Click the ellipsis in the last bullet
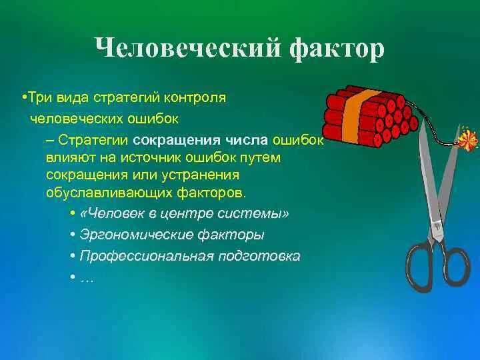[x=87, y=277]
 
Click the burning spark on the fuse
[x=469, y=141]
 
